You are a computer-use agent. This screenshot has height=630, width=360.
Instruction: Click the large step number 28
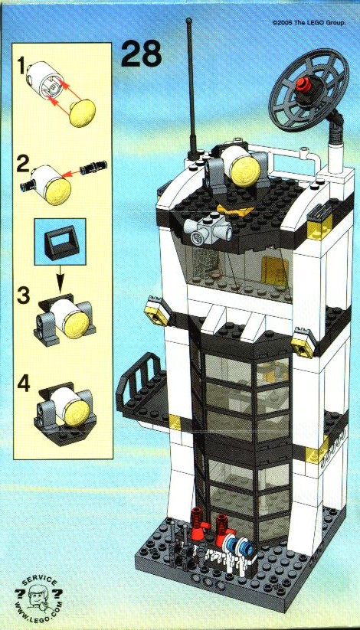pos(141,54)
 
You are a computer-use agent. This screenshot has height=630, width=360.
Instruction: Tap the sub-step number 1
pos(20,66)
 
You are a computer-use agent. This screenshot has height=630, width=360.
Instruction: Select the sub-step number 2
pos(23,165)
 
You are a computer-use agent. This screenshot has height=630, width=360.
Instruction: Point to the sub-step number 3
pos(23,296)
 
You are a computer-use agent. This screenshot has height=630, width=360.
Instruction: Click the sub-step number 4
pos(23,384)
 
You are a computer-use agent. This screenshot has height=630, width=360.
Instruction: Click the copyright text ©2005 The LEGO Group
pos(309,23)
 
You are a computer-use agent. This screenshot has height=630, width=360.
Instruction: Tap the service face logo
pos(38,597)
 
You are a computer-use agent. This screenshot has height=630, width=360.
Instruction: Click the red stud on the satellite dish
pos(303,84)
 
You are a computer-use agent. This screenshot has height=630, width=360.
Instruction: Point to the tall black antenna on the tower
pos(191,88)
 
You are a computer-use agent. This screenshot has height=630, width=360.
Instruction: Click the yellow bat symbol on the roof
pos(237,209)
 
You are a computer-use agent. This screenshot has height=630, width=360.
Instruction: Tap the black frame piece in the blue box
pos(61,241)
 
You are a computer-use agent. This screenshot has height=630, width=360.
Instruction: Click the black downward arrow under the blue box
pos(60,278)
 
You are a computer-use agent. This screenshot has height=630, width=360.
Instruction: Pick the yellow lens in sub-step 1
pos(83,113)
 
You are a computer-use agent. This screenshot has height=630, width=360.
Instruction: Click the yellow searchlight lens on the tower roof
pos(247,171)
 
